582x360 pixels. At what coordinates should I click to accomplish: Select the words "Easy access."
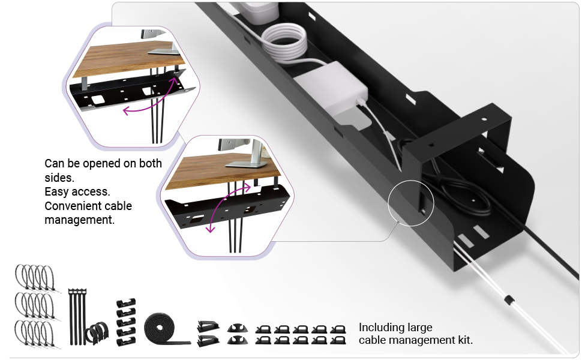click(x=77, y=192)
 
